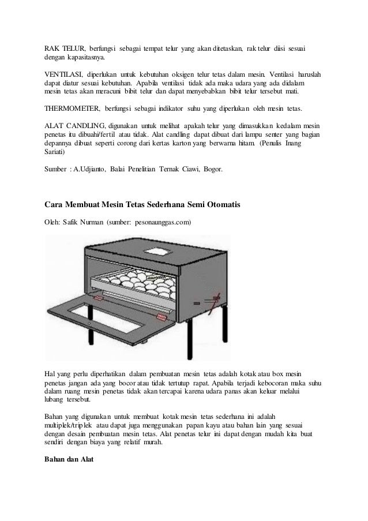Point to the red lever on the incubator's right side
[216, 299]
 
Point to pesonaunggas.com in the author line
[163, 222]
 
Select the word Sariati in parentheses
[55, 154]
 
